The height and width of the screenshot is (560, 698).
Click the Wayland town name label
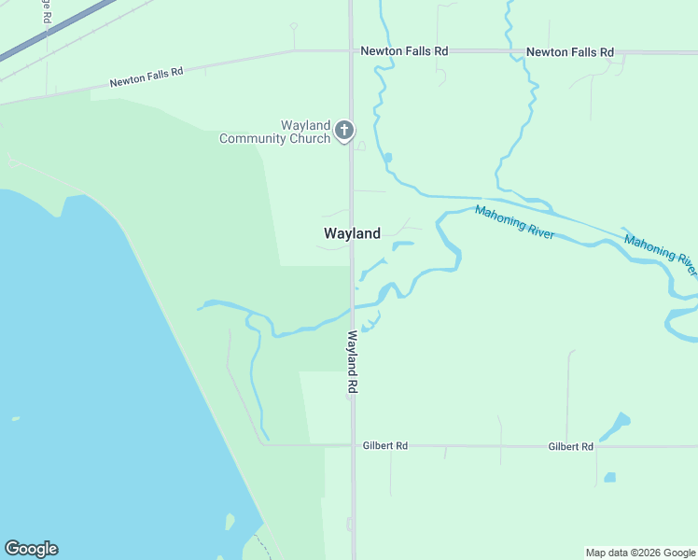point(352,233)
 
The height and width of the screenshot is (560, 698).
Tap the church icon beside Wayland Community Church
point(344,130)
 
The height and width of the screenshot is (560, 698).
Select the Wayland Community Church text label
point(275,132)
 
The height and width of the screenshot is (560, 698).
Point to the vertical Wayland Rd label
point(353,360)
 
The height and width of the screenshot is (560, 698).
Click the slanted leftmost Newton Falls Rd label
point(146,77)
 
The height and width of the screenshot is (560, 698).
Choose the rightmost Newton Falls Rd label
point(569,52)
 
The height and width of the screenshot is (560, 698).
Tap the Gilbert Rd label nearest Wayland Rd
point(385,446)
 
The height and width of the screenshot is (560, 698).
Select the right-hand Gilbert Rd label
point(571,447)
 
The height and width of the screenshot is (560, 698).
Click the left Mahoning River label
point(514,223)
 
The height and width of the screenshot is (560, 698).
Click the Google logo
point(31,549)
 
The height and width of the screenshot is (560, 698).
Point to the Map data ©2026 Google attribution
point(640,553)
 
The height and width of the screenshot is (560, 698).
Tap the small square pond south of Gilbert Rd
point(609,477)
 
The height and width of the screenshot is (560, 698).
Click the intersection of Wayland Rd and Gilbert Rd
point(353,445)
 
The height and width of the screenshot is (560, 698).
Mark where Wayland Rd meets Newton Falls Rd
point(351,51)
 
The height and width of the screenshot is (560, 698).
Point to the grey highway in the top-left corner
point(37,37)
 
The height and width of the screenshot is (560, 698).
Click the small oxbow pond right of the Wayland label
point(402,246)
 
